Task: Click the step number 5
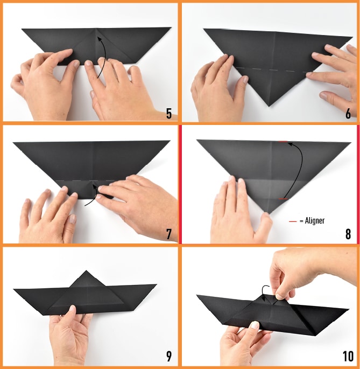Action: [x=169, y=114]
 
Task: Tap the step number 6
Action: [x=348, y=114]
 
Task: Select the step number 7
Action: [x=169, y=234]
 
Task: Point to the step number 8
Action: [x=348, y=234]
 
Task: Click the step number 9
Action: [x=169, y=356]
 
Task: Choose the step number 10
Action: [x=348, y=356]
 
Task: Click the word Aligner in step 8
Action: [x=315, y=221]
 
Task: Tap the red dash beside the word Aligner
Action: [x=293, y=221]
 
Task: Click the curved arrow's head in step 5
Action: [x=100, y=38]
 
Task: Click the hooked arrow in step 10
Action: [x=265, y=292]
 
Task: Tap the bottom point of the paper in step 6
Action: [x=270, y=106]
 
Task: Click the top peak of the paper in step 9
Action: [x=86, y=271]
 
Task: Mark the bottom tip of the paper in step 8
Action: [x=269, y=213]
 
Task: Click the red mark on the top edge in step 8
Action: [x=283, y=142]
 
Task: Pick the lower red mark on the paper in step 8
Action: [x=283, y=199]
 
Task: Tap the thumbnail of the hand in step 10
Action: [x=255, y=325]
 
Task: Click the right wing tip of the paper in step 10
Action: [x=348, y=309]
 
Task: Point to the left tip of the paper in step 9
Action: [x=14, y=289]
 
